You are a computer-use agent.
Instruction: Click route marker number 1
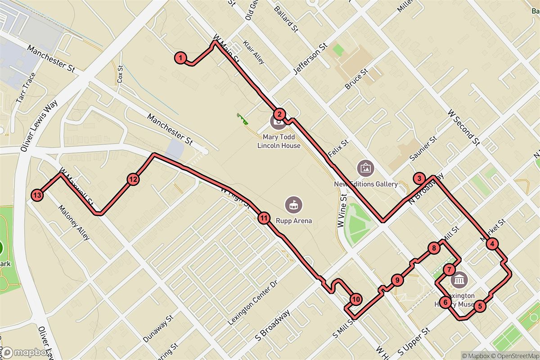pyautogui.click(x=180, y=58)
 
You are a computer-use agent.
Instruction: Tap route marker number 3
pyautogui.click(x=419, y=179)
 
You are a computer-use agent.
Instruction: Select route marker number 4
pyautogui.click(x=493, y=244)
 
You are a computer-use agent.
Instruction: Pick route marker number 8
pyautogui.click(x=434, y=248)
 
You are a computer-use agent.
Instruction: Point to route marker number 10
pyautogui.click(x=356, y=299)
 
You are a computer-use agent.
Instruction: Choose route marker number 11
pyautogui.click(x=264, y=219)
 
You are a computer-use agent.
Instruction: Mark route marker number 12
pyautogui.click(x=133, y=180)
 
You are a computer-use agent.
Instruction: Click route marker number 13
pyautogui.click(x=37, y=195)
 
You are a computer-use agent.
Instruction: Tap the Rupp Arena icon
pyautogui.click(x=293, y=205)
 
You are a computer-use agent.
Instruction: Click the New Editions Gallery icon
pyautogui.click(x=365, y=168)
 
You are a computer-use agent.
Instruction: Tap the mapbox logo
pyautogui.click(x=26, y=352)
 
